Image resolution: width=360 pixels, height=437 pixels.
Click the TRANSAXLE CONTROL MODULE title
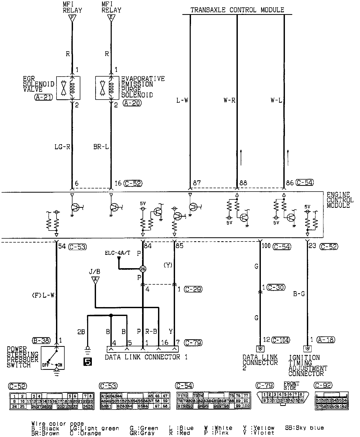click(237, 10)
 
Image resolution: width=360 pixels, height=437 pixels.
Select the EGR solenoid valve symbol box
click(68, 88)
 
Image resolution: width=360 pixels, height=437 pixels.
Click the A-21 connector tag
click(43, 97)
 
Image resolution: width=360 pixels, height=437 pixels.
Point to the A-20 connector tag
click(132, 103)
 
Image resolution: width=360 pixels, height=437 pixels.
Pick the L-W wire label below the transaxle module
click(182, 100)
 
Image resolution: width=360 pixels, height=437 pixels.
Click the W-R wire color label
click(229, 100)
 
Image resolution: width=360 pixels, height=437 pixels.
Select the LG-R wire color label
click(62, 147)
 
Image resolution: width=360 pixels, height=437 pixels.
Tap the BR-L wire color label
click(101, 147)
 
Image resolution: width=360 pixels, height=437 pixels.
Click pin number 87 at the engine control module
click(197, 183)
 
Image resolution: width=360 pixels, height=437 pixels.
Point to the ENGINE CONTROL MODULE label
click(340, 200)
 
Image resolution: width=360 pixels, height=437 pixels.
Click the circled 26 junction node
click(143, 269)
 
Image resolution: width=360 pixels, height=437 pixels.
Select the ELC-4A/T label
click(117, 253)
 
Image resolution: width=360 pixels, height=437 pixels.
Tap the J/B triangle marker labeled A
click(95, 280)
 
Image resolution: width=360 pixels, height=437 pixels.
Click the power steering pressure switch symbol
click(53, 358)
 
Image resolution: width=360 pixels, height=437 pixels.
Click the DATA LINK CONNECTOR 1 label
click(146, 357)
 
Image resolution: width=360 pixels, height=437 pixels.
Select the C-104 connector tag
click(281, 340)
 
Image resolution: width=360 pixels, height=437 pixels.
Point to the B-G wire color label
click(299, 294)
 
